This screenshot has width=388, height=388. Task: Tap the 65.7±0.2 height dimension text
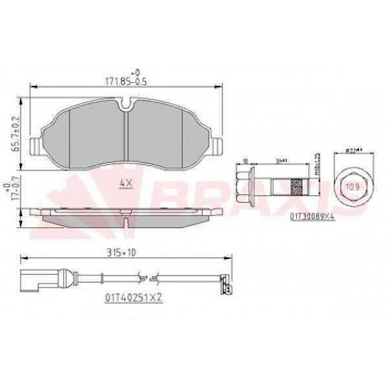[15, 133]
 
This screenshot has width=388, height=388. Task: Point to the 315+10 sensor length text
[121, 253]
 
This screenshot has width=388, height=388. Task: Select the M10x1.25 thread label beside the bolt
[318, 163]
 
